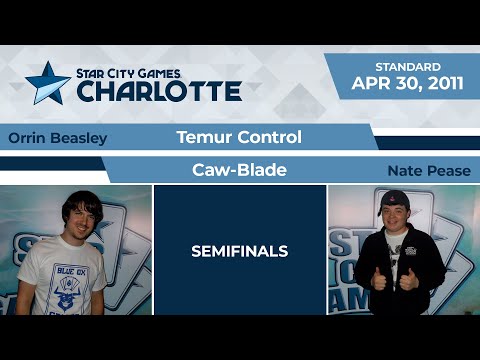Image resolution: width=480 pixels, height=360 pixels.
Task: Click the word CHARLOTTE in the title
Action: tap(158, 91)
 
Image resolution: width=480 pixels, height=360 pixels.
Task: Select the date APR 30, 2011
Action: tap(407, 84)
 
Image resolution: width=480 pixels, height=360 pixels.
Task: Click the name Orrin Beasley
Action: tap(57, 138)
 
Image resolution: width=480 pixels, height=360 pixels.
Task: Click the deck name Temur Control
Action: tap(238, 137)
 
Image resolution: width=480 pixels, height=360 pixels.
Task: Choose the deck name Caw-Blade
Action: tap(239, 170)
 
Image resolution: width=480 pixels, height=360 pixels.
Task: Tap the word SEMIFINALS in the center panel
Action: tap(239, 252)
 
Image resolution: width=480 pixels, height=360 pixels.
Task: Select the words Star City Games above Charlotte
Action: tap(159, 72)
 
